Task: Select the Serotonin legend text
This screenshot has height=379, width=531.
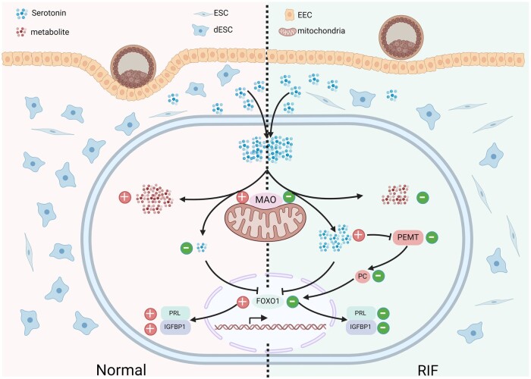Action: coord(54,13)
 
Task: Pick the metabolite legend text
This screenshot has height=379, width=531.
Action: coord(54,32)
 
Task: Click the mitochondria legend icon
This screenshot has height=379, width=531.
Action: coord(287,32)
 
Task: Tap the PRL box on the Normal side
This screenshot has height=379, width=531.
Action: coord(175,312)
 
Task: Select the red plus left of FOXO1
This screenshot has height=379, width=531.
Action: coord(244,302)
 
